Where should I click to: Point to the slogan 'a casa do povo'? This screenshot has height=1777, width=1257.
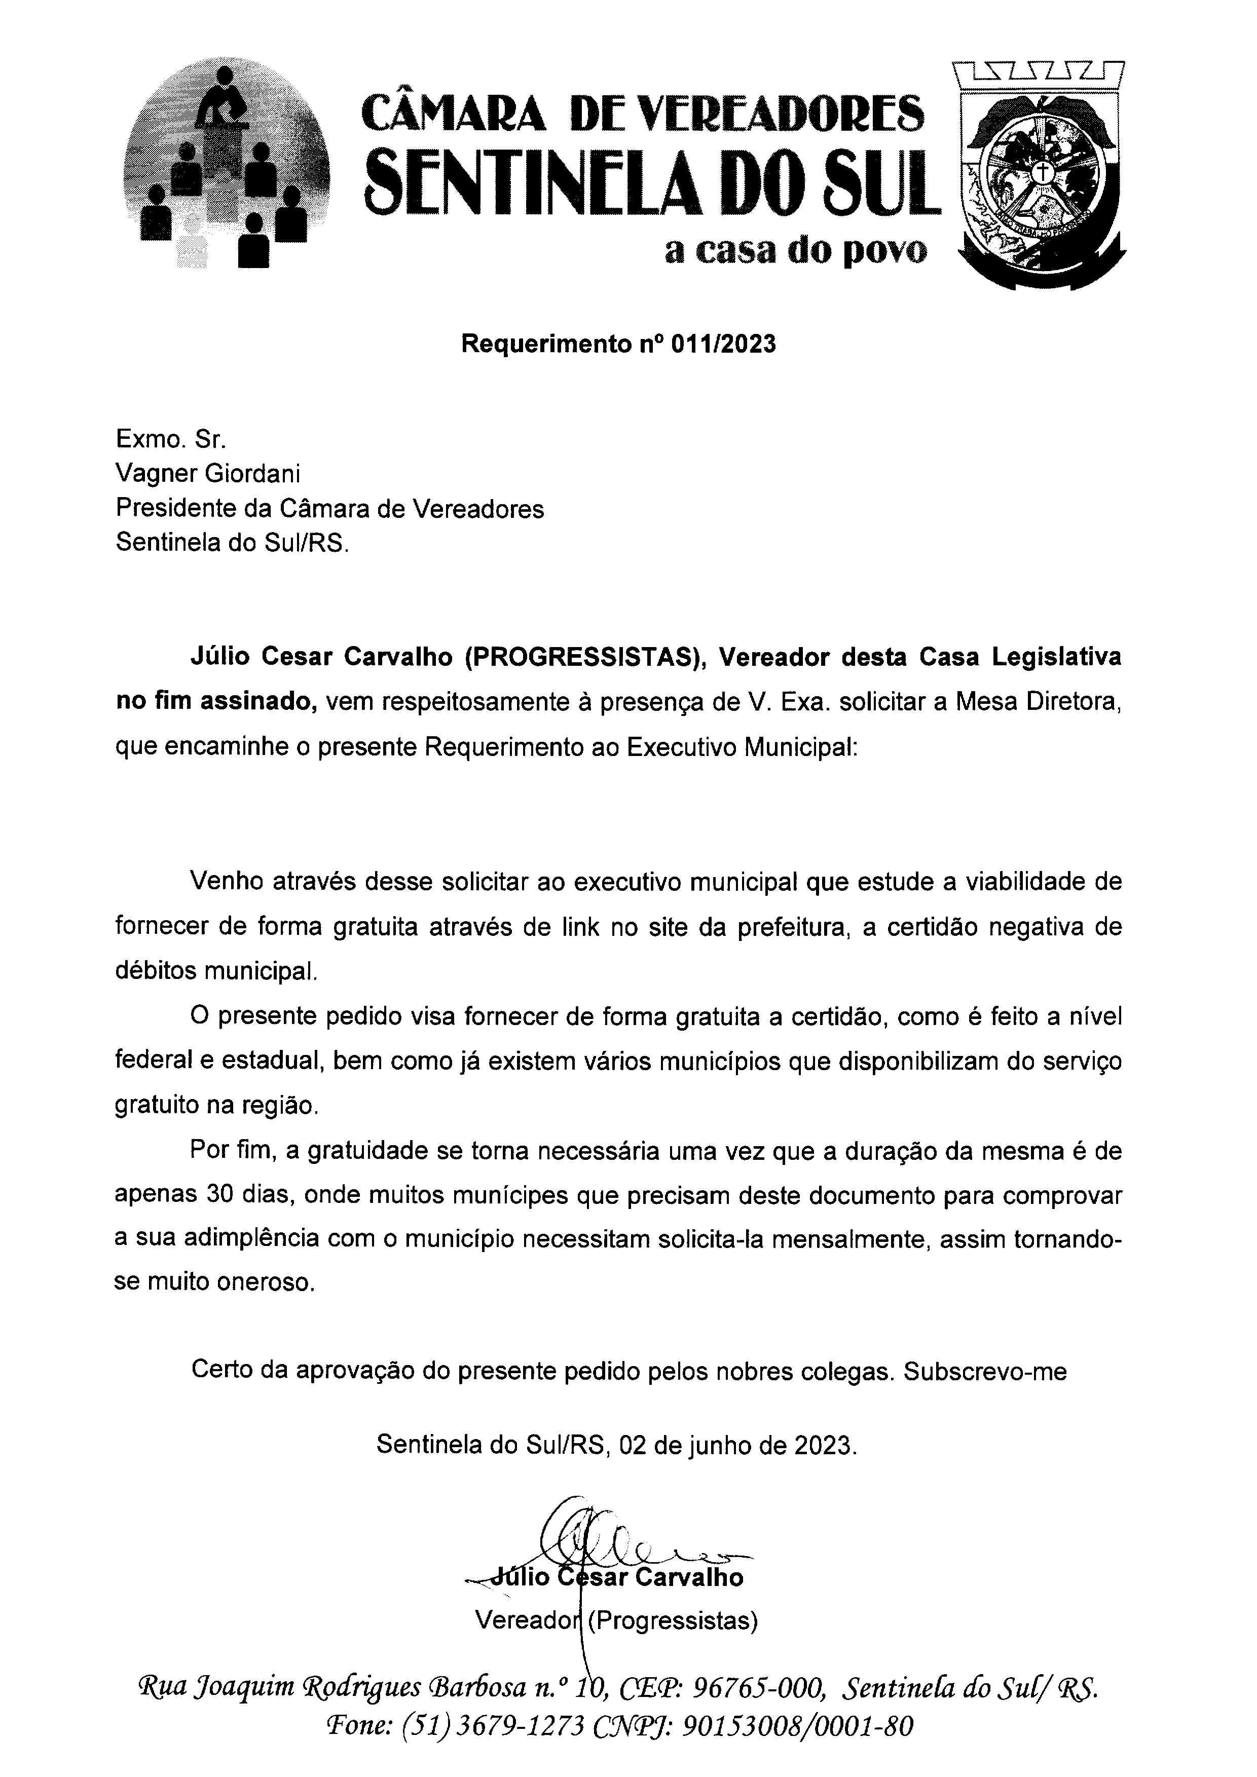(796, 251)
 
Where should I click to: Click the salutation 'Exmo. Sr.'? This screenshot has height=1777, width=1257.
(171, 440)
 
